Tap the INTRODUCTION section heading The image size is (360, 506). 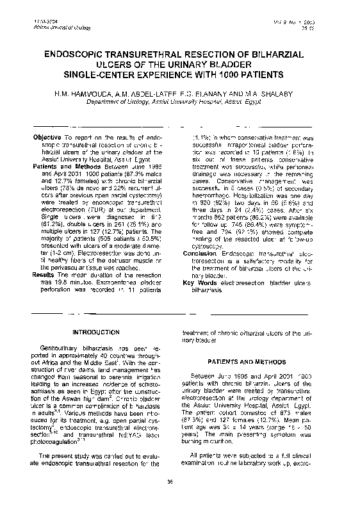(94, 332)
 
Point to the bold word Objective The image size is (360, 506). (46, 138)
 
